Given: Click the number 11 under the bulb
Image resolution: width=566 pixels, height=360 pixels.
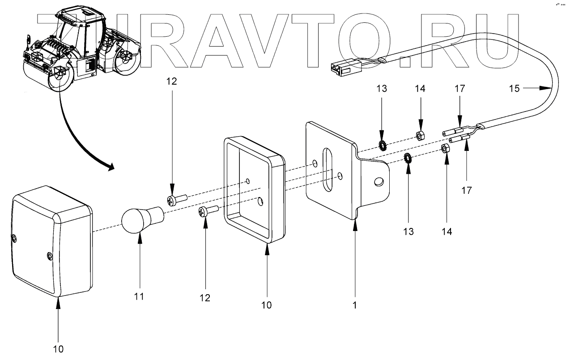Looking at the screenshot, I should (x=140, y=296).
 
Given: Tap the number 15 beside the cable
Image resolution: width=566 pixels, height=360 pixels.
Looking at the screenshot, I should (x=515, y=89).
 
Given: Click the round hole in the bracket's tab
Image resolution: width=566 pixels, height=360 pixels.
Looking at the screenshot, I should (x=378, y=181).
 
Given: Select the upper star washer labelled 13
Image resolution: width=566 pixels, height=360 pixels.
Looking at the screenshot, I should (x=383, y=146).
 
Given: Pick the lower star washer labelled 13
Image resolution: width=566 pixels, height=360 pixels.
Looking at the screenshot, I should (x=408, y=158).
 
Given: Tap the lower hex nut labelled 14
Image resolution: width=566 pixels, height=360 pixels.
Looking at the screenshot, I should (x=444, y=148).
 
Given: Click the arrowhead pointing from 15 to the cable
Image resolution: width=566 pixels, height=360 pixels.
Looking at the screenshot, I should (x=548, y=89).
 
